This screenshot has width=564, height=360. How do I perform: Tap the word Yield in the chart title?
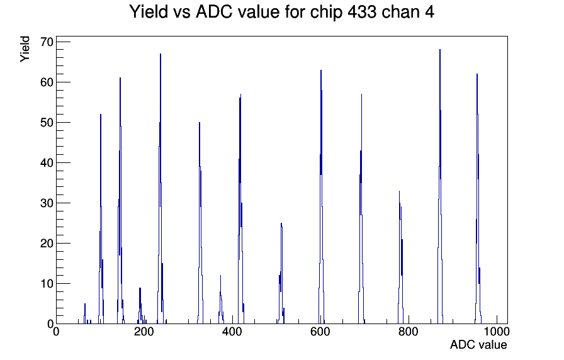(149, 12)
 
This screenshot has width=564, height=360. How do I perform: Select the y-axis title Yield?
(25, 49)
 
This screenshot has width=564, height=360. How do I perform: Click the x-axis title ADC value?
(478, 344)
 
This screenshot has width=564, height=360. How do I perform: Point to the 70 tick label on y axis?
(47, 42)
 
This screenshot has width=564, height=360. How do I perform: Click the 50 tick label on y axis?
(47, 123)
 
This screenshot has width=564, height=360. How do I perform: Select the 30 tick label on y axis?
(47, 203)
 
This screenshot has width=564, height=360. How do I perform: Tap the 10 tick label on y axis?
(47, 284)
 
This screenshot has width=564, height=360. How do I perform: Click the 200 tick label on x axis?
(144, 331)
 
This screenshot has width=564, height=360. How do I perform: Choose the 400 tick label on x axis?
(232, 331)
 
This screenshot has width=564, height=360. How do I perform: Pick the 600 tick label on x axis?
(320, 331)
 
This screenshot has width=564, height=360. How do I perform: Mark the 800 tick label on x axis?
(409, 331)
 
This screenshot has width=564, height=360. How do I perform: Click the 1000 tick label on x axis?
(497, 331)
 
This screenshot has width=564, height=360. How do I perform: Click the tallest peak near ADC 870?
(439, 50)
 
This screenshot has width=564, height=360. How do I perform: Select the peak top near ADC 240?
(161, 54)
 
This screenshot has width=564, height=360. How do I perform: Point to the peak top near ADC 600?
(321, 70)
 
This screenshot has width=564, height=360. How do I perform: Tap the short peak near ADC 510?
(281, 223)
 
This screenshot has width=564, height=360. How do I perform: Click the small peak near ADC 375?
(220, 276)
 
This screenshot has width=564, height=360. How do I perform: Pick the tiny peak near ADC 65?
(85, 304)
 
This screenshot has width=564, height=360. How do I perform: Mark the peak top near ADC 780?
(399, 191)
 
